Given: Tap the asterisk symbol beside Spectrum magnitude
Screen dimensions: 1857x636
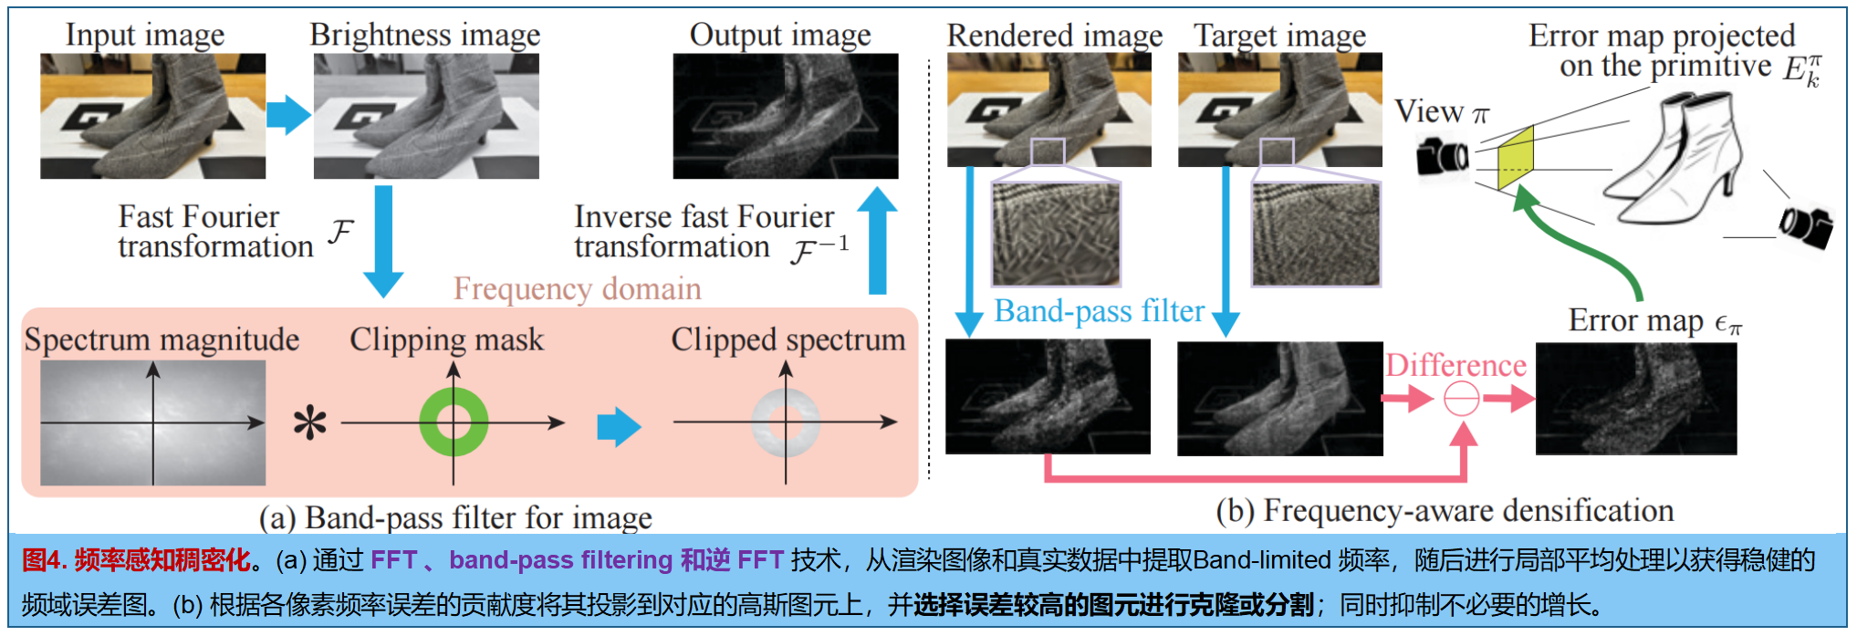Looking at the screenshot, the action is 310,423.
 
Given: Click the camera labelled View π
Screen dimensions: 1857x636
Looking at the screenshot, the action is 1442,156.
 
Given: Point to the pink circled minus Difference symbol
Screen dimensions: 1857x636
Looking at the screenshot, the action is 1461,399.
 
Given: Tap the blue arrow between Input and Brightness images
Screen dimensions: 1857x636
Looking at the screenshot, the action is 288,114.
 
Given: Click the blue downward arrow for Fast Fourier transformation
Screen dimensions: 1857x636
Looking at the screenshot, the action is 383,239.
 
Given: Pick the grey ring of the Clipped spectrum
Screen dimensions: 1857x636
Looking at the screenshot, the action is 786,400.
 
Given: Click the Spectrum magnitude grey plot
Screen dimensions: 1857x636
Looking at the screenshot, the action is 153,422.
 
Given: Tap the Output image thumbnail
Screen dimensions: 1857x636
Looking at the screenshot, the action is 785,116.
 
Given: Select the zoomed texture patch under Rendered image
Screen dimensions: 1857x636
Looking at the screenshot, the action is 1056,235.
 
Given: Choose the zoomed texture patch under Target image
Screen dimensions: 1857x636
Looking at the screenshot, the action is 1316,235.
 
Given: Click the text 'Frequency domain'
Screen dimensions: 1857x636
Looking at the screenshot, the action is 577,288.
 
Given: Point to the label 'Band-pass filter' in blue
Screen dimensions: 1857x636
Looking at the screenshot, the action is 1099,311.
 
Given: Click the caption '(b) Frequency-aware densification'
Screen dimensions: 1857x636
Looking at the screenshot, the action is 1445,511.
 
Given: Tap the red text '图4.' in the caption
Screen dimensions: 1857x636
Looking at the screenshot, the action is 44,560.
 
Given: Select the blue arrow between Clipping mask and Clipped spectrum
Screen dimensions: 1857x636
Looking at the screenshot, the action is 619,426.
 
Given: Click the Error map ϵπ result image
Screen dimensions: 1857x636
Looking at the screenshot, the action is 1636,399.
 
